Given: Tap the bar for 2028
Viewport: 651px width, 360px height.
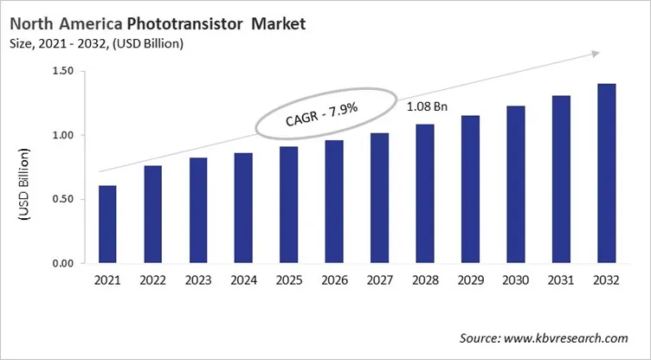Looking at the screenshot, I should pos(424,194).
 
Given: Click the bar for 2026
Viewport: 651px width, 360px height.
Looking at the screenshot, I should pos(334,202).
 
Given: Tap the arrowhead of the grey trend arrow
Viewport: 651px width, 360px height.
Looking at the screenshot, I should pos(595,54).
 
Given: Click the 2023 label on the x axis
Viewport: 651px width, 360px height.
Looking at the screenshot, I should pos(198,280).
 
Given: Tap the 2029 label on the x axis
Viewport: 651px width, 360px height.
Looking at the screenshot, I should pos(470,280).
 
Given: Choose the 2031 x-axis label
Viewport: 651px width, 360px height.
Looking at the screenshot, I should pos(561,280).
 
